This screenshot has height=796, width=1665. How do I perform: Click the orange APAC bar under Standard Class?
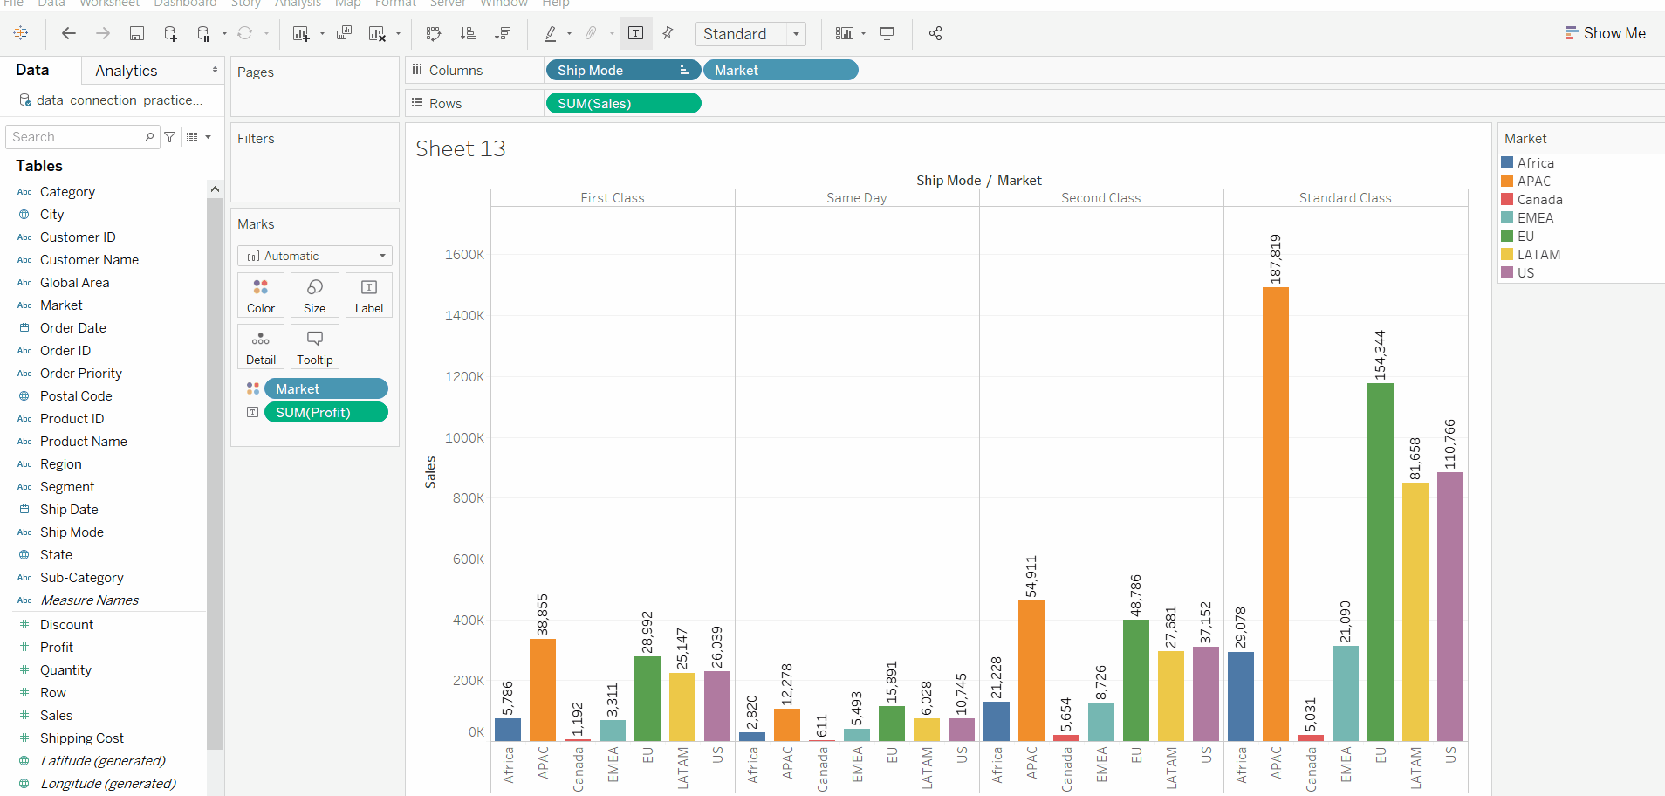(1275, 515)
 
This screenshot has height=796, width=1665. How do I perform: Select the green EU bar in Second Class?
(1135, 681)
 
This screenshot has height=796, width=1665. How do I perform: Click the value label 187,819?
(1275, 258)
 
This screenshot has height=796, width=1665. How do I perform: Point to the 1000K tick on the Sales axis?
(464, 437)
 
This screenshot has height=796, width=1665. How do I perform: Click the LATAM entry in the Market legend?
(1538, 254)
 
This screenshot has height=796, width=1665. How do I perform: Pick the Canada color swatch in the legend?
(1507, 199)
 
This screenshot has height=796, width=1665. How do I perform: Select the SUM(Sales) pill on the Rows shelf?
(622, 103)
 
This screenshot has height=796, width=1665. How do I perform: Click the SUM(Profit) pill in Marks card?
(325, 412)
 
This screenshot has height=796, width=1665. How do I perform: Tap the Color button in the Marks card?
(260, 295)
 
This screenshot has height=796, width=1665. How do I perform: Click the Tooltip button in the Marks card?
(314, 347)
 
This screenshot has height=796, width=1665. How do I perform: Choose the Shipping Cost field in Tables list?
(81, 738)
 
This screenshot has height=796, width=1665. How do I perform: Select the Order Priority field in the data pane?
(80, 373)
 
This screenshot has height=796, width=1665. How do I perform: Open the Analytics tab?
(127, 70)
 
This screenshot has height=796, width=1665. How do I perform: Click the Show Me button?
(1605, 33)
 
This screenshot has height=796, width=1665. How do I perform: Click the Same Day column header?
(856, 198)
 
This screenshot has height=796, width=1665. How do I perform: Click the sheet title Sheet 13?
(460, 148)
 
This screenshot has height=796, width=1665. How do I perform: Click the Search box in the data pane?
(77, 137)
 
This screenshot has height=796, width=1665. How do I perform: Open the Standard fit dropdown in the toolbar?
(750, 33)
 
